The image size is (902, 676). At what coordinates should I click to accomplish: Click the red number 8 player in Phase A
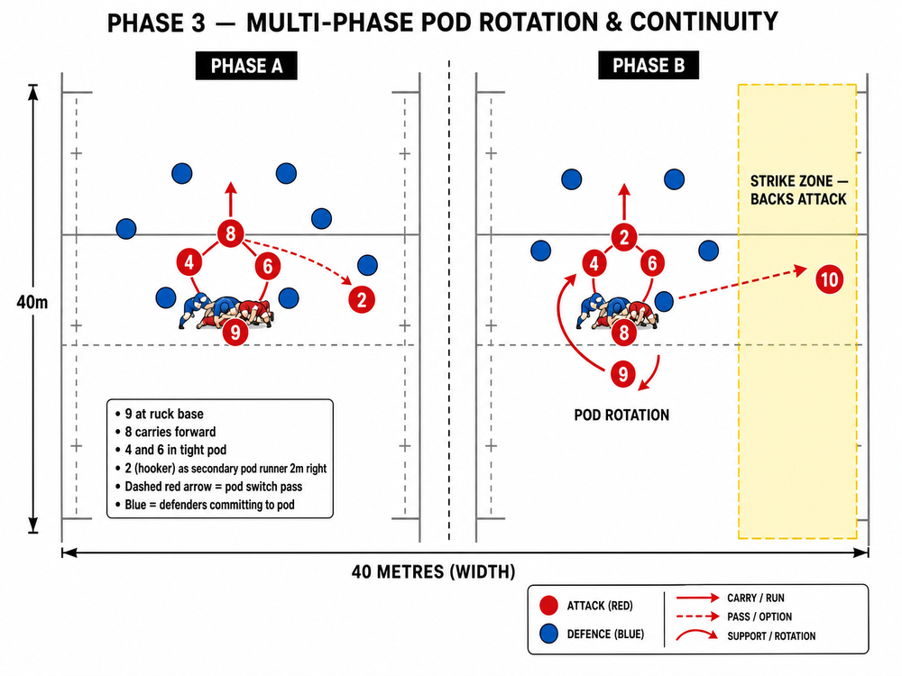(231, 233)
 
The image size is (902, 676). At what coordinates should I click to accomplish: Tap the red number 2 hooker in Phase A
(362, 299)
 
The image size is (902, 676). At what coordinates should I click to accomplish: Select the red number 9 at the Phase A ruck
(235, 332)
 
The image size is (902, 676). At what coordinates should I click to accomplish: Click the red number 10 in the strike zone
(829, 279)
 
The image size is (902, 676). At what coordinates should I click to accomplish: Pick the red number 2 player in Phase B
(624, 237)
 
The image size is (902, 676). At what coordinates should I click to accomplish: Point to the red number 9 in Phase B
(623, 374)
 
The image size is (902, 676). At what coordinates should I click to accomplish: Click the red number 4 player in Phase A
(189, 262)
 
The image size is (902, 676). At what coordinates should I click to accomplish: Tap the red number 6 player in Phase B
(652, 262)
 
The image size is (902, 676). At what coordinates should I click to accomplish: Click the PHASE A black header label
(247, 66)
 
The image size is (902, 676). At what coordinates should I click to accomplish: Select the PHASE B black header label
(649, 65)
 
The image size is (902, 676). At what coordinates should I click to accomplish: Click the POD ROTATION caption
(621, 415)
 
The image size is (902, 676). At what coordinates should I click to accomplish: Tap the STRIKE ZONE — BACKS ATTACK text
(798, 189)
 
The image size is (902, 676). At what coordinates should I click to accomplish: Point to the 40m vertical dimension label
(32, 302)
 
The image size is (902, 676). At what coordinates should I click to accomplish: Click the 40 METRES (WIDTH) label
(434, 572)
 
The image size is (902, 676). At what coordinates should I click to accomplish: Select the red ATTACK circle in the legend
(548, 606)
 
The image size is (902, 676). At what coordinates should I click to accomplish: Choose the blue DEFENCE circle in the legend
(548, 634)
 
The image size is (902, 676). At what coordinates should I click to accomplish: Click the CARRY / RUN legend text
(755, 598)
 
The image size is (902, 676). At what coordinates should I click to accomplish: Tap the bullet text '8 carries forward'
(170, 432)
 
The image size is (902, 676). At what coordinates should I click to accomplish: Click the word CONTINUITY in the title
(704, 23)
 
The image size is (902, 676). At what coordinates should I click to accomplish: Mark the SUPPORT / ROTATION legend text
(771, 635)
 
